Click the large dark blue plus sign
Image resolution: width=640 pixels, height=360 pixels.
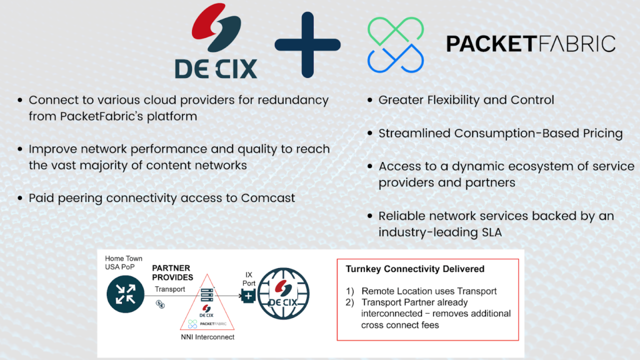[307, 44]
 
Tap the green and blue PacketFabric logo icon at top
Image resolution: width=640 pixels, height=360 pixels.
[396, 45]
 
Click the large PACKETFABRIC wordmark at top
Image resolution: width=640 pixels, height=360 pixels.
[531, 44]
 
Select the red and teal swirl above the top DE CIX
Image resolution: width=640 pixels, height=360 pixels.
[216, 27]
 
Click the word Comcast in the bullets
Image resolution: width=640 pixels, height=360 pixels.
[267, 198]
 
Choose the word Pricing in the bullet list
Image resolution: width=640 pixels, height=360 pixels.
[602, 134]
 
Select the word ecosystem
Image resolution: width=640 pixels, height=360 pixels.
[534, 166]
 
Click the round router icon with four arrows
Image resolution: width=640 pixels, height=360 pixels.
[125, 294]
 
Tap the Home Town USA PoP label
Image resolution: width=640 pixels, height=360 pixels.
[123, 262]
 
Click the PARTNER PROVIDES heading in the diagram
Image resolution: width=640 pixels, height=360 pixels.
[172, 272]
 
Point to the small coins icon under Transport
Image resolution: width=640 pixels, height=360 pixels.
[160, 304]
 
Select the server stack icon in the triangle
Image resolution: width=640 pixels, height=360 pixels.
[207, 295]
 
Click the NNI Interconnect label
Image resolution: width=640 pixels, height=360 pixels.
[207, 337]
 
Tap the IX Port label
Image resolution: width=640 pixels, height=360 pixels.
[249, 279]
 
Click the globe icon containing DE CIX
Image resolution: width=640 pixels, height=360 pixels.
[283, 294]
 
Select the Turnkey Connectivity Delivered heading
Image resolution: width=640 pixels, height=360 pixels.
[415, 269]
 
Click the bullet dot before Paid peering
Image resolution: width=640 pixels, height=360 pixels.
[20, 198]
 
